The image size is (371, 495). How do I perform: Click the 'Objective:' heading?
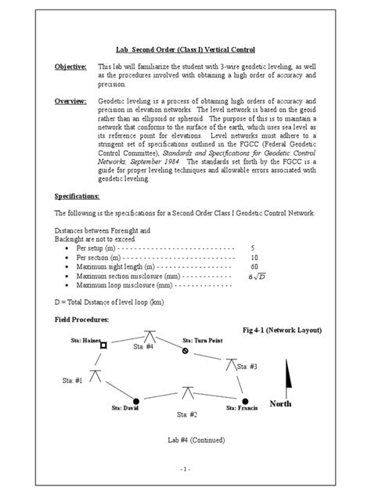[70, 68]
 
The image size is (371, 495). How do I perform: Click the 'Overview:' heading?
[70, 101]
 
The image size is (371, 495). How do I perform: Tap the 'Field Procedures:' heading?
[82, 320]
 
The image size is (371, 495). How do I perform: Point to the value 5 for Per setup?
[253, 247]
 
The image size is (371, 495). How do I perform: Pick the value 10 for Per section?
[254, 257]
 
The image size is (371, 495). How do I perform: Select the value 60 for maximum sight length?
[254, 266]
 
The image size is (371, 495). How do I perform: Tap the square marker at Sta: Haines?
[103, 342]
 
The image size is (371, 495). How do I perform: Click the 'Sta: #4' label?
[143, 346]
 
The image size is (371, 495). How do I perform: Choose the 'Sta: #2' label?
[186, 414]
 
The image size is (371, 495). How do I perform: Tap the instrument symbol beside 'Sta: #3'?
[231, 364]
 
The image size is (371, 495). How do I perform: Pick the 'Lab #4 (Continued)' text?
[190, 440]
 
